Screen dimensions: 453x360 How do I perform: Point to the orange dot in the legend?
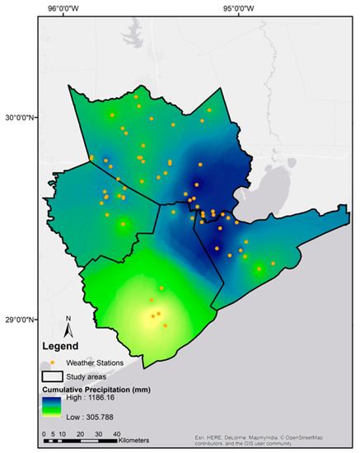click(x=52, y=362)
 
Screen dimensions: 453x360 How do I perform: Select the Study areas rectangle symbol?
click(x=52, y=376)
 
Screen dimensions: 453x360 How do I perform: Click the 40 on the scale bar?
click(x=117, y=433)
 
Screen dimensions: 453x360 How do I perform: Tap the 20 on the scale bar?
click(x=79, y=433)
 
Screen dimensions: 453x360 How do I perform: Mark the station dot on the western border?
click(x=91, y=157)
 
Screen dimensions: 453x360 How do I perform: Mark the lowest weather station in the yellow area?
click(x=165, y=325)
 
